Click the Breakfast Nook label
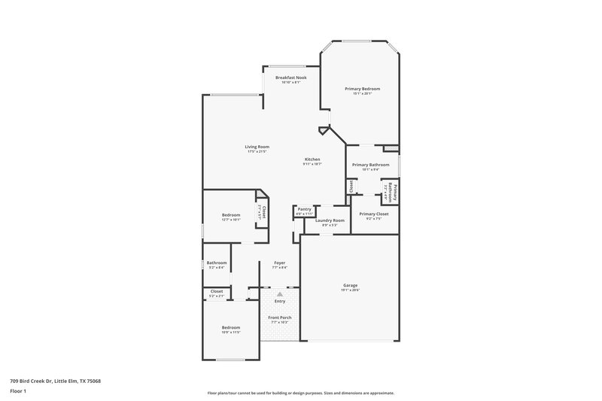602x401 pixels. point(290,77)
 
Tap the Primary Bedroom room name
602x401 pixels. point(363,89)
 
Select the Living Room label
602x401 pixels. point(257,147)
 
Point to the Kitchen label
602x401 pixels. point(312,159)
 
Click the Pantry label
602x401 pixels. point(304,209)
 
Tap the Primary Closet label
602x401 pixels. point(374,214)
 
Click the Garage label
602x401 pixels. point(351,285)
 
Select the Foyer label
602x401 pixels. point(279,263)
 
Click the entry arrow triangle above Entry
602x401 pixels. point(280,294)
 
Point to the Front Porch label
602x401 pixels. point(280,317)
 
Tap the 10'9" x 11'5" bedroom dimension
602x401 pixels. point(231,332)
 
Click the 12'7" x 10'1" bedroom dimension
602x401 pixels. point(231,220)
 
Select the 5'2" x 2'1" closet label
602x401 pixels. point(217,296)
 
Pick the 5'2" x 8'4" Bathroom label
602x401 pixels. point(217,263)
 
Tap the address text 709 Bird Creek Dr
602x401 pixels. point(55,381)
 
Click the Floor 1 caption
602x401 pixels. point(19,391)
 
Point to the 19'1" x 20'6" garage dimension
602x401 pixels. point(351,290)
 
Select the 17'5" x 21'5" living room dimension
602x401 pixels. point(257,151)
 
